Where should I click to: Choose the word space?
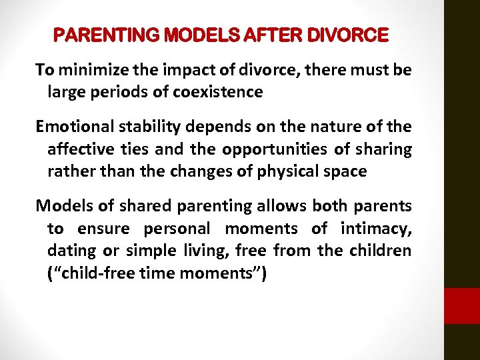point(346,171)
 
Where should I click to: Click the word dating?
point(69,251)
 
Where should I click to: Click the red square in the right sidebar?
point(462,306)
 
